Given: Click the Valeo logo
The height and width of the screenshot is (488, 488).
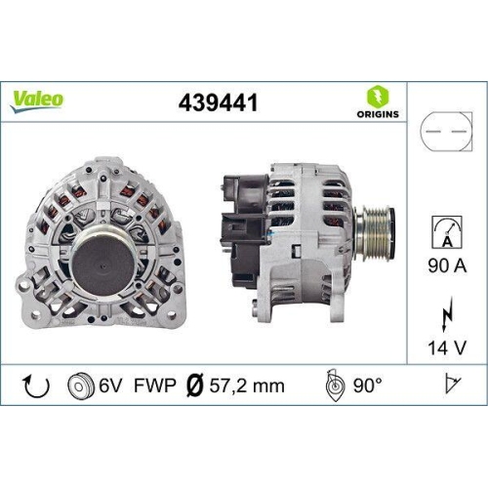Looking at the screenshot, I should coord(39,99).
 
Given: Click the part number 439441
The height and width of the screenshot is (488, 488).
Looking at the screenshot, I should coord(218,102).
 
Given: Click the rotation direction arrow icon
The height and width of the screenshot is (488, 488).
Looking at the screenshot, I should coord(35,386).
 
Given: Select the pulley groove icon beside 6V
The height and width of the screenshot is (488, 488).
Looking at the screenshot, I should coord(79,386).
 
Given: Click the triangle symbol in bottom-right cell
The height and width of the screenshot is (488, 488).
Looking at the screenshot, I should coord(450,386).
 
